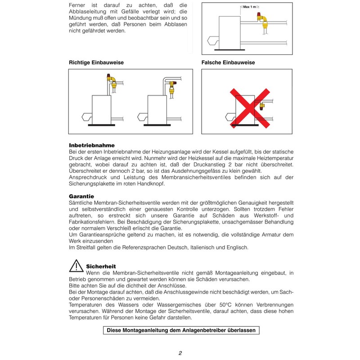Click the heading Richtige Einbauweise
coord(96,63)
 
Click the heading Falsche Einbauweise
coord(228,63)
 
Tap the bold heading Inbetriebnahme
coord(92,145)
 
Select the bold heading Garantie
coord(81,197)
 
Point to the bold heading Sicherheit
coord(101,266)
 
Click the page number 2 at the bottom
coord(180,353)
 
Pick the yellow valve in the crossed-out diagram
coord(262,106)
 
